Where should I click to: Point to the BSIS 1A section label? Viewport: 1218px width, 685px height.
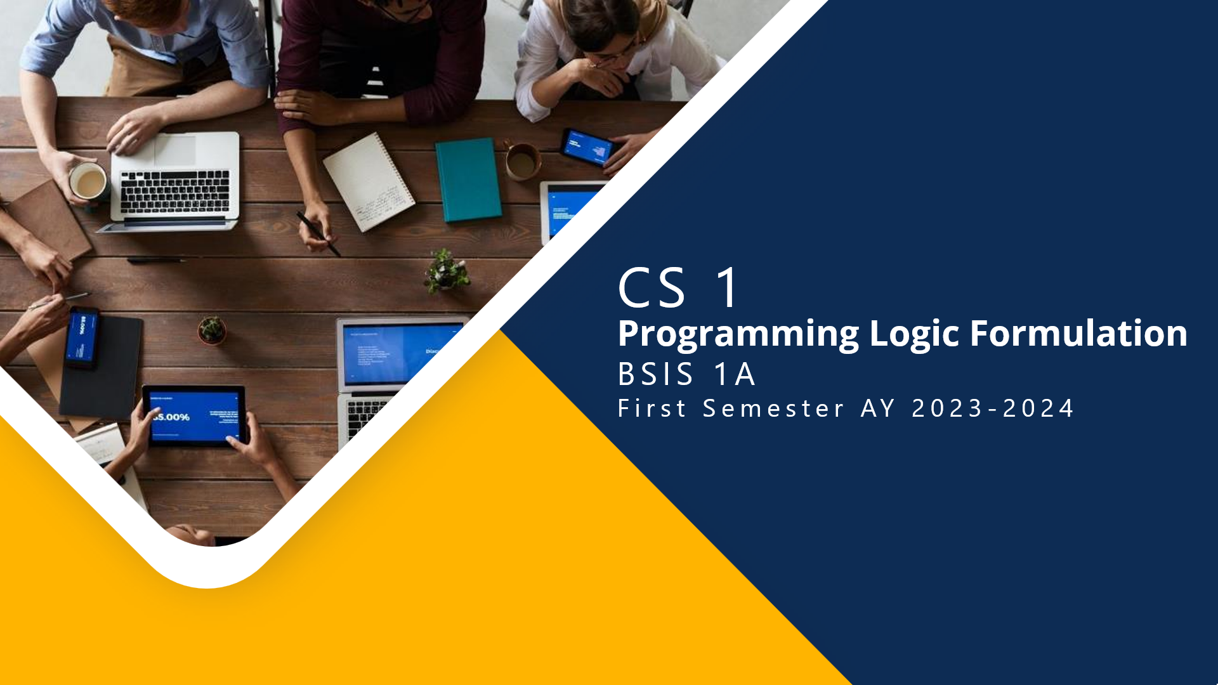click(x=686, y=374)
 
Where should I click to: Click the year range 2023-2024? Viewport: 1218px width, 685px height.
click(x=992, y=408)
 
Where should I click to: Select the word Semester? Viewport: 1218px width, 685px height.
click(x=773, y=408)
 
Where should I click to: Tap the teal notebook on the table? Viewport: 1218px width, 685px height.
click(x=468, y=179)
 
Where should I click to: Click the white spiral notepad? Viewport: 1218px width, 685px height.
click(x=369, y=181)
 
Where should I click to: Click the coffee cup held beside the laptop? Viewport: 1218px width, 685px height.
click(x=88, y=182)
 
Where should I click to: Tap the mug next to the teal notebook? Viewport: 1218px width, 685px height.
click(x=521, y=162)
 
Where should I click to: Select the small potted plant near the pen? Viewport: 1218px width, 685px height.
click(x=447, y=271)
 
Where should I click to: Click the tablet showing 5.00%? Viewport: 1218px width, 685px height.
click(x=194, y=415)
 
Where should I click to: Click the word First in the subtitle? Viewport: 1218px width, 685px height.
click(x=652, y=408)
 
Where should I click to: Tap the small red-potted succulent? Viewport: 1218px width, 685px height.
click(x=211, y=330)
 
